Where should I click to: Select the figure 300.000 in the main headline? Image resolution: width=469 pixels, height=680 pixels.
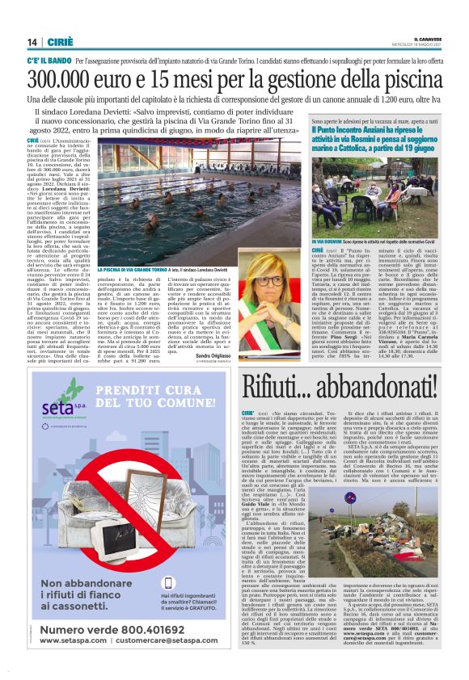pos(71,78)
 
